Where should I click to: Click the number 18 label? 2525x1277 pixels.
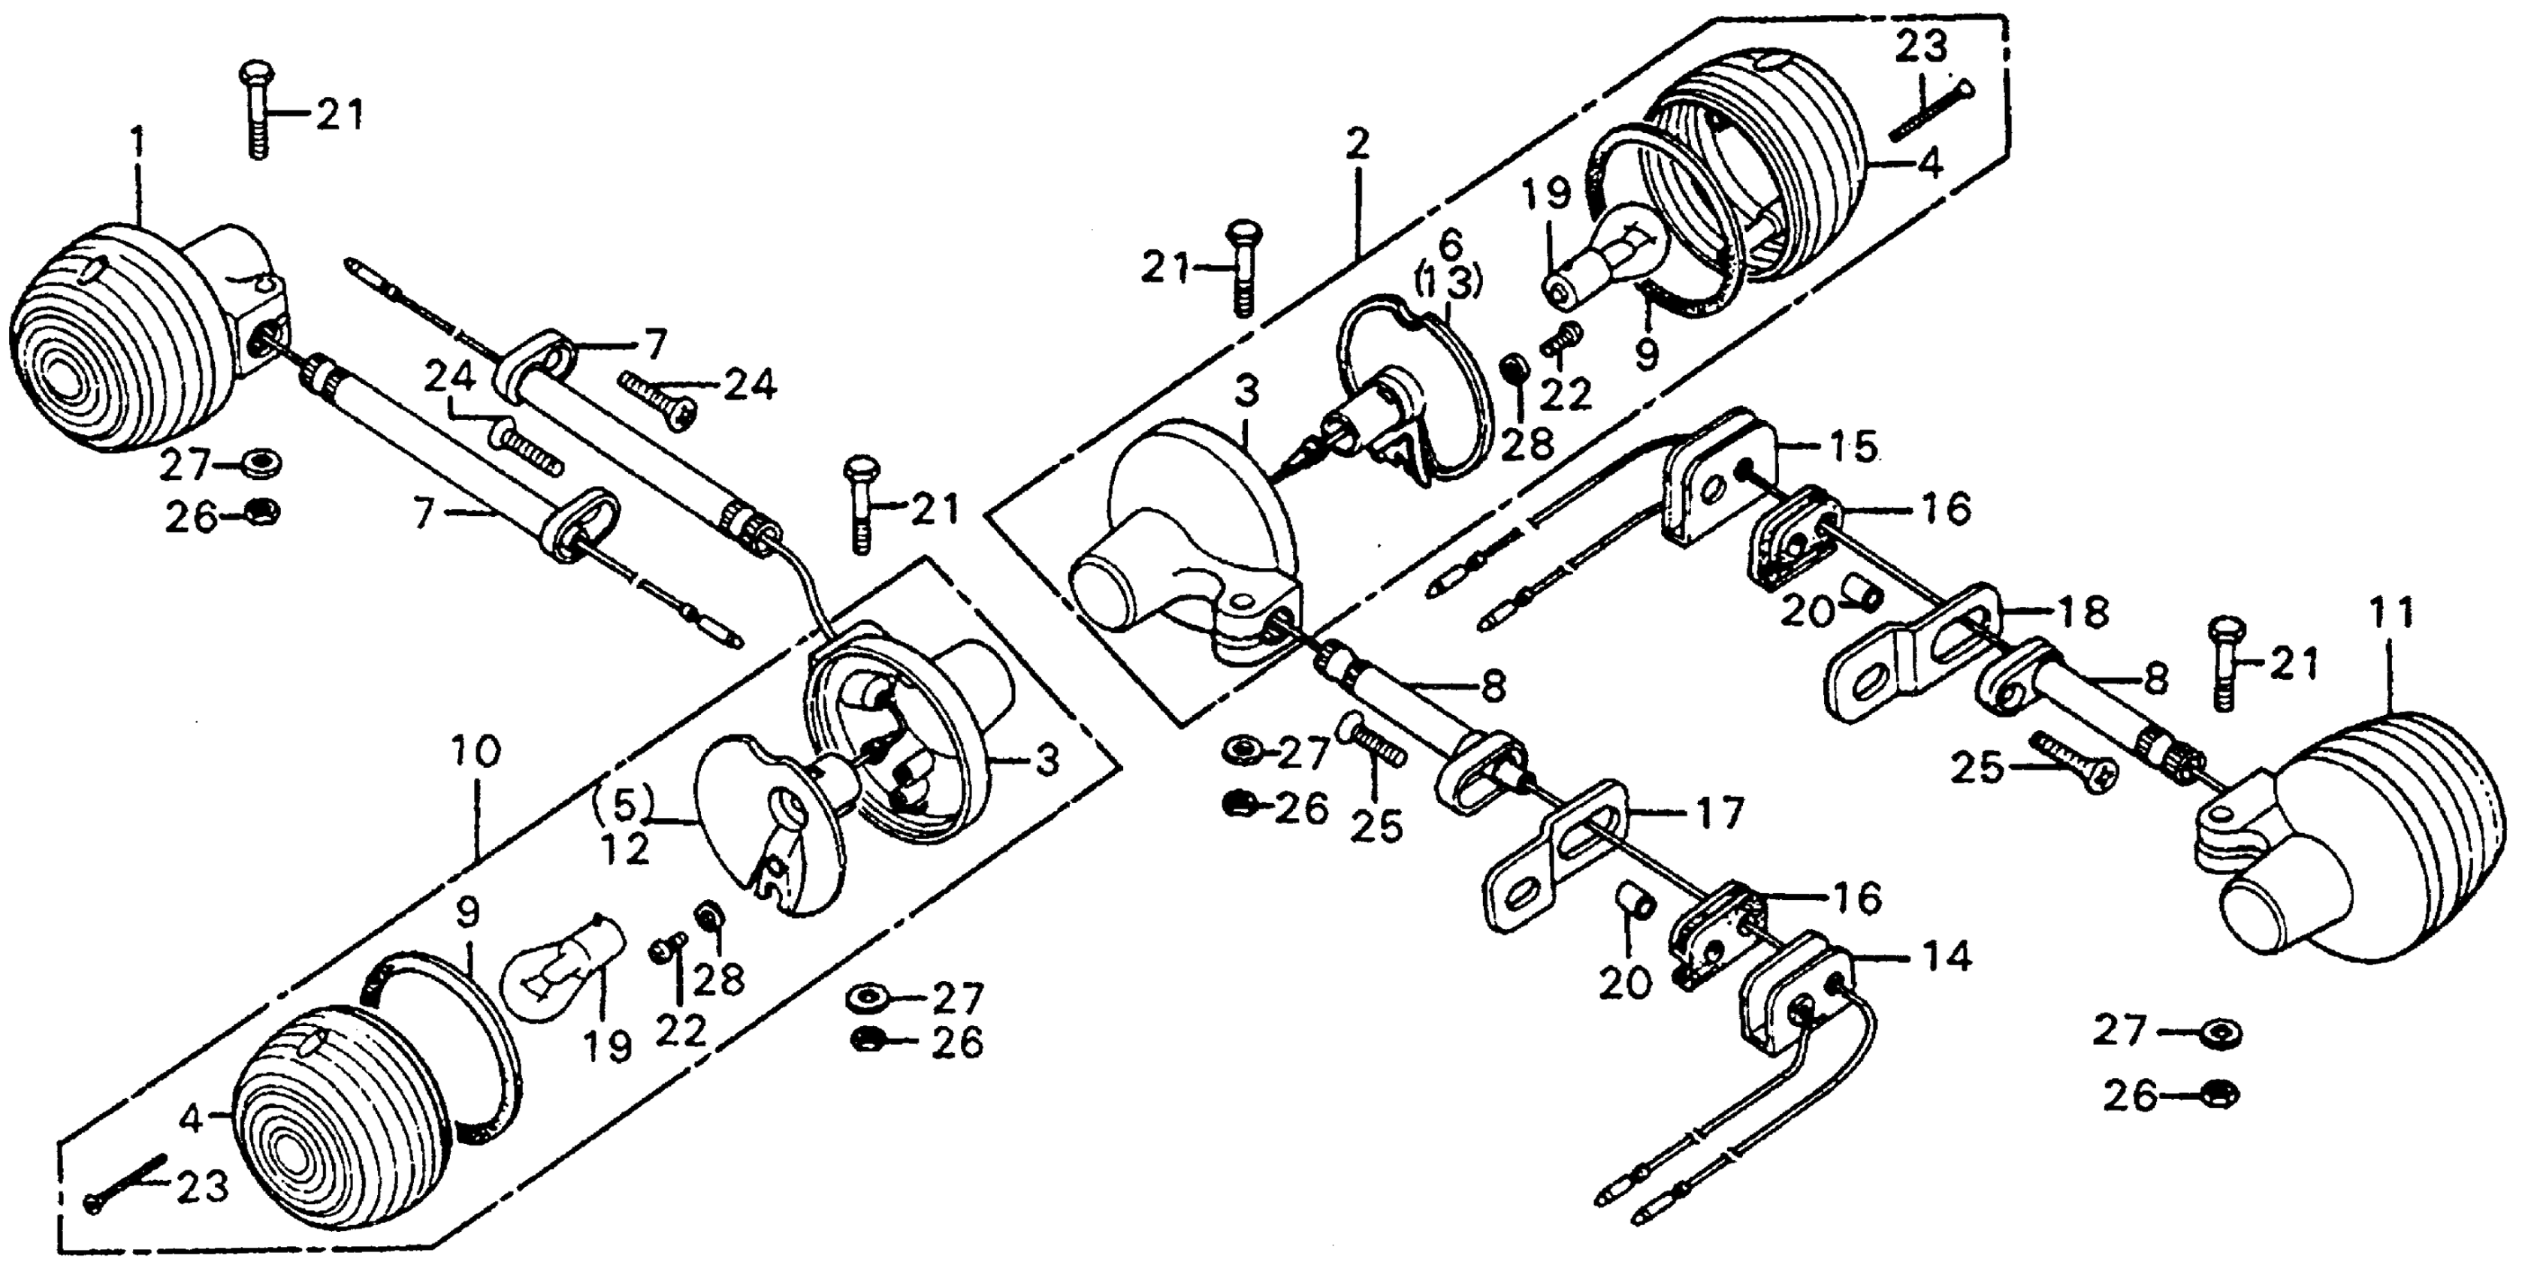[x=2082, y=614]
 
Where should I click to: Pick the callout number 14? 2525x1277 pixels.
[x=1947, y=958]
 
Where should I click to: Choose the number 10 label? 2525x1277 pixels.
[x=476, y=753]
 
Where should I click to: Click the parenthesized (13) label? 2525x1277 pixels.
[x=1448, y=283]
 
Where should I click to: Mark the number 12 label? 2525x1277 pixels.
[x=625, y=849]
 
